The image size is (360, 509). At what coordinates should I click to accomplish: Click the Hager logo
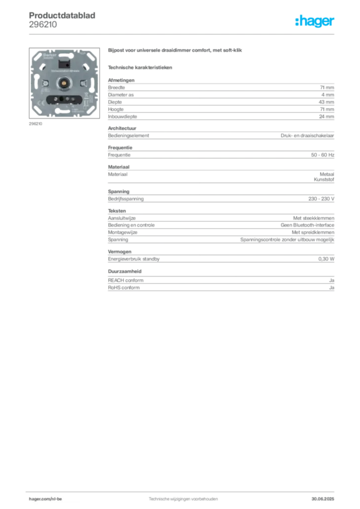pyautogui.click(x=314, y=21)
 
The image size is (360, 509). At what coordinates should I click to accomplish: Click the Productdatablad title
pyautogui.click(x=62, y=15)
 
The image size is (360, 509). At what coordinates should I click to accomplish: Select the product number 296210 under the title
pyautogui.click(x=43, y=25)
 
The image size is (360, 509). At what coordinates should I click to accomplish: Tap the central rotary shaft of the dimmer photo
pyautogui.click(x=64, y=84)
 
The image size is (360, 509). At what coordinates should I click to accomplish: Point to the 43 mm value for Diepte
pyautogui.click(x=326, y=102)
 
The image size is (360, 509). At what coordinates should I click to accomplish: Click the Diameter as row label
pyautogui.click(x=121, y=95)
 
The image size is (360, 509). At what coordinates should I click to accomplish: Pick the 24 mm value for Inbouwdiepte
pyautogui.click(x=326, y=116)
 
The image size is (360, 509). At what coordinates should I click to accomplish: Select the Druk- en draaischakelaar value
pyautogui.click(x=307, y=136)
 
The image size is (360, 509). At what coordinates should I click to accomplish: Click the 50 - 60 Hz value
pyautogui.click(x=322, y=155)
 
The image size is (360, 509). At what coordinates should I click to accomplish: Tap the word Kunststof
pyautogui.click(x=324, y=179)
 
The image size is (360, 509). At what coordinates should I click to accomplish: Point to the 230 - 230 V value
pyautogui.click(x=321, y=199)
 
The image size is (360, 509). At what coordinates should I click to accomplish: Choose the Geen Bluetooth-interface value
pyautogui.click(x=307, y=225)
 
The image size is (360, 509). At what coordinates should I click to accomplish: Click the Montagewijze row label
pyautogui.click(x=123, y=233)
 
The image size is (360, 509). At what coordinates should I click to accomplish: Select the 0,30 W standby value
pyautogui.click(x=326, y=259)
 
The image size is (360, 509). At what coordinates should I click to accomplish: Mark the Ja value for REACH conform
pyautogui.click(x=332, y=280)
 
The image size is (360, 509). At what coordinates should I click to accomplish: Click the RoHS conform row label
pyautogui.click(x=124, y=288)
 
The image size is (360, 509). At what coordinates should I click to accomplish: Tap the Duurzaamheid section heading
pyautogui.click(x=125, y=271)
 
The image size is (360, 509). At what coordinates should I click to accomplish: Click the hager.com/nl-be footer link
pyautogui.click(x=45, y=499)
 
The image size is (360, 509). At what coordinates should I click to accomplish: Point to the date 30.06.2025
pyautogui.click(x=323, y=499)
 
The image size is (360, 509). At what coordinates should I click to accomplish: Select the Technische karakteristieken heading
pyautogui.click(x=140, y=68)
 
